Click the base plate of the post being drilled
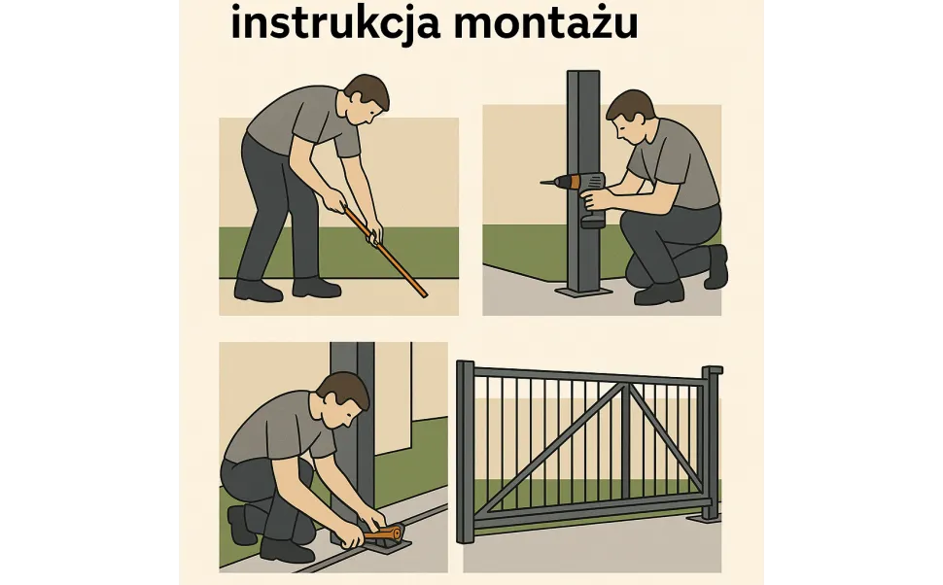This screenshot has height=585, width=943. [x=584, y=290]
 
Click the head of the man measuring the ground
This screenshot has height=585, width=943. [x=367, y=97]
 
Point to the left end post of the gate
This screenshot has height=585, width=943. [x=465, y=452]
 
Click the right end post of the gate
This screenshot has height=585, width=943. [x=712, y=442]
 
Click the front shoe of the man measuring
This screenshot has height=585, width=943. [x=317, y=287]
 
